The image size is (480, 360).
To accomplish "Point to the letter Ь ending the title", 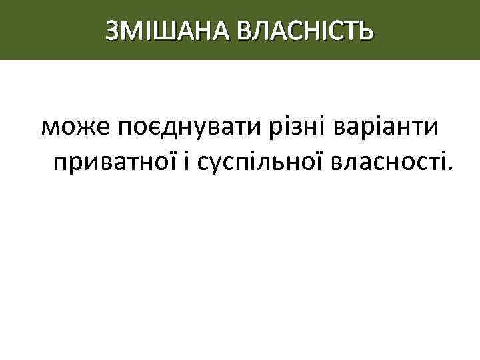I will (366, 29).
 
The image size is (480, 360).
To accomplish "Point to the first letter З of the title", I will (113, 29).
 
